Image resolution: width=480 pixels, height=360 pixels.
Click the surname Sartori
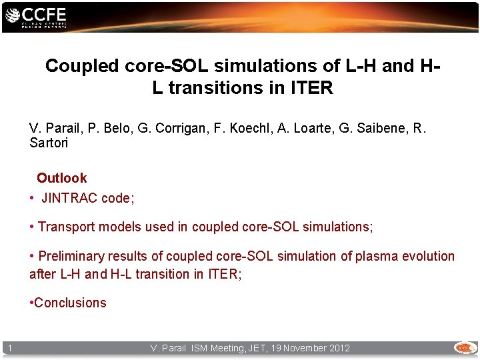pyautogui.click(x=48, y=143)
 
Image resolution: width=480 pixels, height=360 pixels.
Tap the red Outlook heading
pyautogui.click(x=61, y=178)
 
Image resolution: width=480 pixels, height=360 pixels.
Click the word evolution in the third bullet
pyautogui.click(x=427, y=256)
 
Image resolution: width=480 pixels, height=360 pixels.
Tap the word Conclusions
pyautogui.click(x=70, y=303)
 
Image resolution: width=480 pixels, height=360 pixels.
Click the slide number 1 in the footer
pyautogui.click(x=11, y=348)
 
